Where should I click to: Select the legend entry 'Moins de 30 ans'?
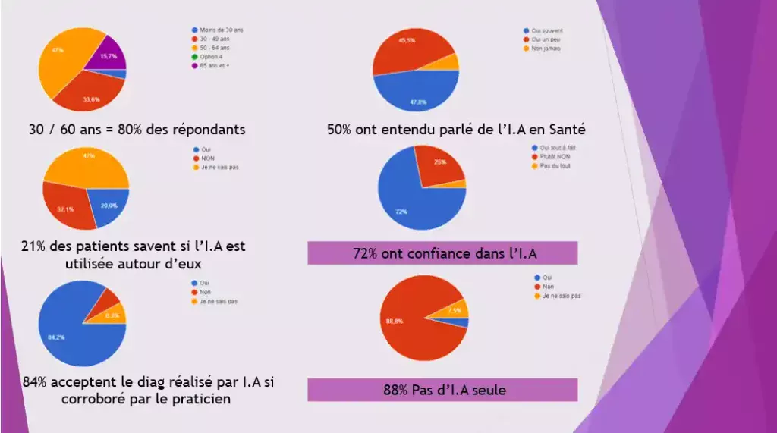tap(221, 30)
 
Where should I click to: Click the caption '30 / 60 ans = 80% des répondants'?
tap(134, 130)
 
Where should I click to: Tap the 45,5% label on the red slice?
tap(407, 40)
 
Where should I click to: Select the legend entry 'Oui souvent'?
tap(546, 30)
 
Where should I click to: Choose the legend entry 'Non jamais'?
tap(546, 47)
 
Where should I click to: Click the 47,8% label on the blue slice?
tap(418, 102)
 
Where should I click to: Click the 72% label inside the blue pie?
tap(401, 212)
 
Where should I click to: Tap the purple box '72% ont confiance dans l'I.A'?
tap(442, 253)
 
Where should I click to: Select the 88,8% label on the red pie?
tap(395, 322)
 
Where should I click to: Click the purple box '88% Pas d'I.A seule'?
tap(442, 391)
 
